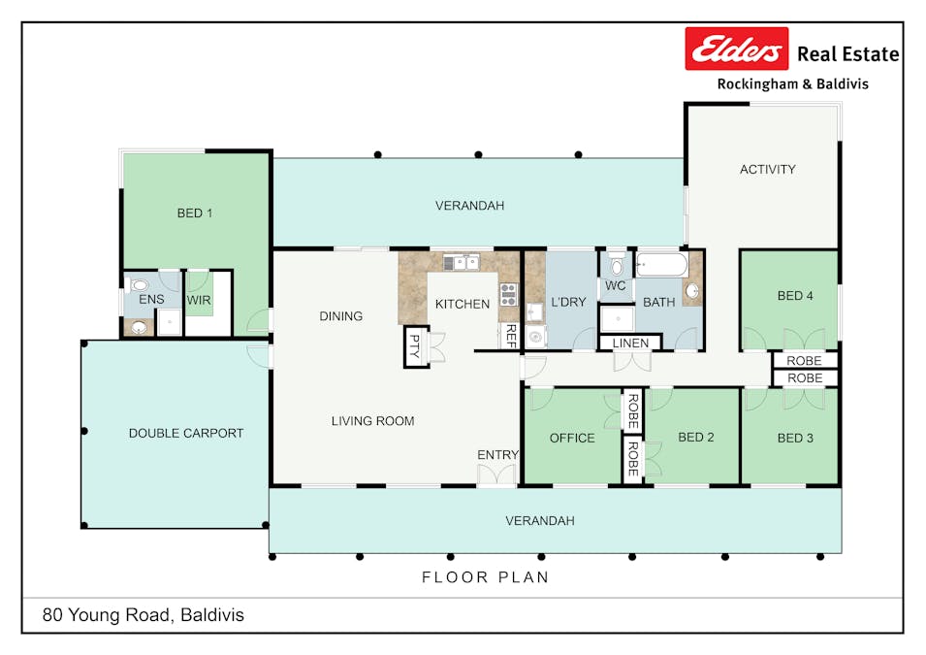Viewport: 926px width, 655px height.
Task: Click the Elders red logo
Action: [737, 49]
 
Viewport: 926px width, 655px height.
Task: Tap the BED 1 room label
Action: [195, 213]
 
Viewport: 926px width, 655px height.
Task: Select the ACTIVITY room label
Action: [767, 169]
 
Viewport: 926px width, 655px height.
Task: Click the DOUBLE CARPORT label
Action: [186, 433]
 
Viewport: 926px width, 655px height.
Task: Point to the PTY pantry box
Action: [415, 346]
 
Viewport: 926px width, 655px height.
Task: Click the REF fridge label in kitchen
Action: [510, 336]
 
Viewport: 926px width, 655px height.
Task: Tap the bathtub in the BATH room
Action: [661, 264]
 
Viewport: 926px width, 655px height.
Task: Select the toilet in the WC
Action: [616, 266]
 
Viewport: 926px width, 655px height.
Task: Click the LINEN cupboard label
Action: [630, 344]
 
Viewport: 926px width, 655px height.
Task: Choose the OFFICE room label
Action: [572, 438]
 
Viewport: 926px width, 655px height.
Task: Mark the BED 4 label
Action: [795, 296]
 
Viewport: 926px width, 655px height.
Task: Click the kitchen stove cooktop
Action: [508, 294]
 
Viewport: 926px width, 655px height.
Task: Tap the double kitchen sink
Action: [462, 261]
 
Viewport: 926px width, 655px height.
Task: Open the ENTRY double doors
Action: [497, 475]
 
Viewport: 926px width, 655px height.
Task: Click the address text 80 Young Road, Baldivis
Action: [143, 614]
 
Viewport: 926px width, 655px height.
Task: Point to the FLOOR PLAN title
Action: [485, 577]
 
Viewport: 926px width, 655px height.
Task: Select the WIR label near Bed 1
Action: [199, 300]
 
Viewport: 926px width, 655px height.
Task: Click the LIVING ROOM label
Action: [372, 420]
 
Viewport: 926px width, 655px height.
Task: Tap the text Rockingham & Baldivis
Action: [792, 84]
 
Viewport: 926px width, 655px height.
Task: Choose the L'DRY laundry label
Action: [568, 302]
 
